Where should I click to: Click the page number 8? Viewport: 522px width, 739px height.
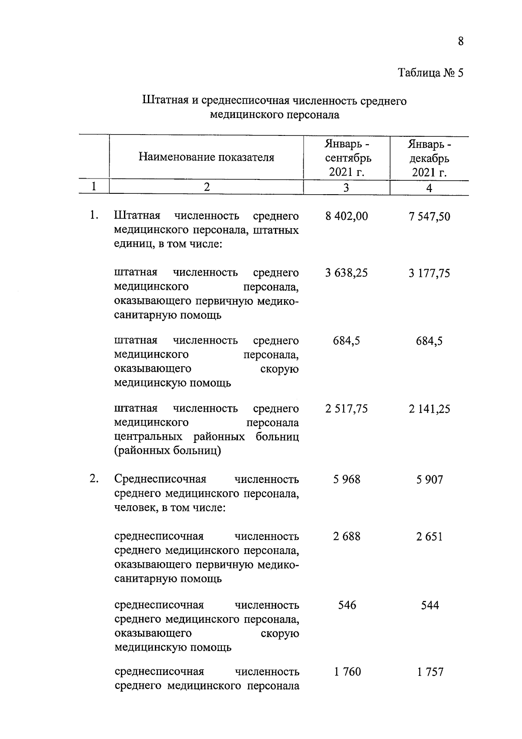pos(461,41)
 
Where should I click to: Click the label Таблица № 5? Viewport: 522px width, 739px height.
pos(431,73)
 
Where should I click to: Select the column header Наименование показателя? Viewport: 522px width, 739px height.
pos(207,157)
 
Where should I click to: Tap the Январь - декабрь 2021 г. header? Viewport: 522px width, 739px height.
pos(429,158)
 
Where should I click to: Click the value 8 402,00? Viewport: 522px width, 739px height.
pos(347,216)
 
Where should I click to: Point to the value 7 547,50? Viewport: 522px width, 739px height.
pos(429,216)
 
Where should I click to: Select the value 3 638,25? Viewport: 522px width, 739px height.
pos(347,273)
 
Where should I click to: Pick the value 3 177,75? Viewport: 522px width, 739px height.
pos(429,273)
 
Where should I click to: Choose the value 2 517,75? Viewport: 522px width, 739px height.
pos(347,409)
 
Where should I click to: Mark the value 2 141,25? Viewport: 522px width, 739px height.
pos(429,409)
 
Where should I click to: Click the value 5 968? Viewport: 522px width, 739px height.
pos(347,479)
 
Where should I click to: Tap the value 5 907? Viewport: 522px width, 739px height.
pos(429,480)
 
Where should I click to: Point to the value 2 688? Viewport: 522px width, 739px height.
pos(347,536)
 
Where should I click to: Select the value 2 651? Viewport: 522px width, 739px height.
pos(429,537)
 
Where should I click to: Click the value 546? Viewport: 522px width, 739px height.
pos(347,605)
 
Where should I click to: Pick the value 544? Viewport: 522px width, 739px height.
pos(430,605)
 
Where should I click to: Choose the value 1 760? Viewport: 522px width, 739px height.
pos(347,672)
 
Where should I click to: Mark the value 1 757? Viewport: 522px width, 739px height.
pos(430,672)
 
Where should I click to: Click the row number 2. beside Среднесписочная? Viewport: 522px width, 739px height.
pos(94,479)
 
